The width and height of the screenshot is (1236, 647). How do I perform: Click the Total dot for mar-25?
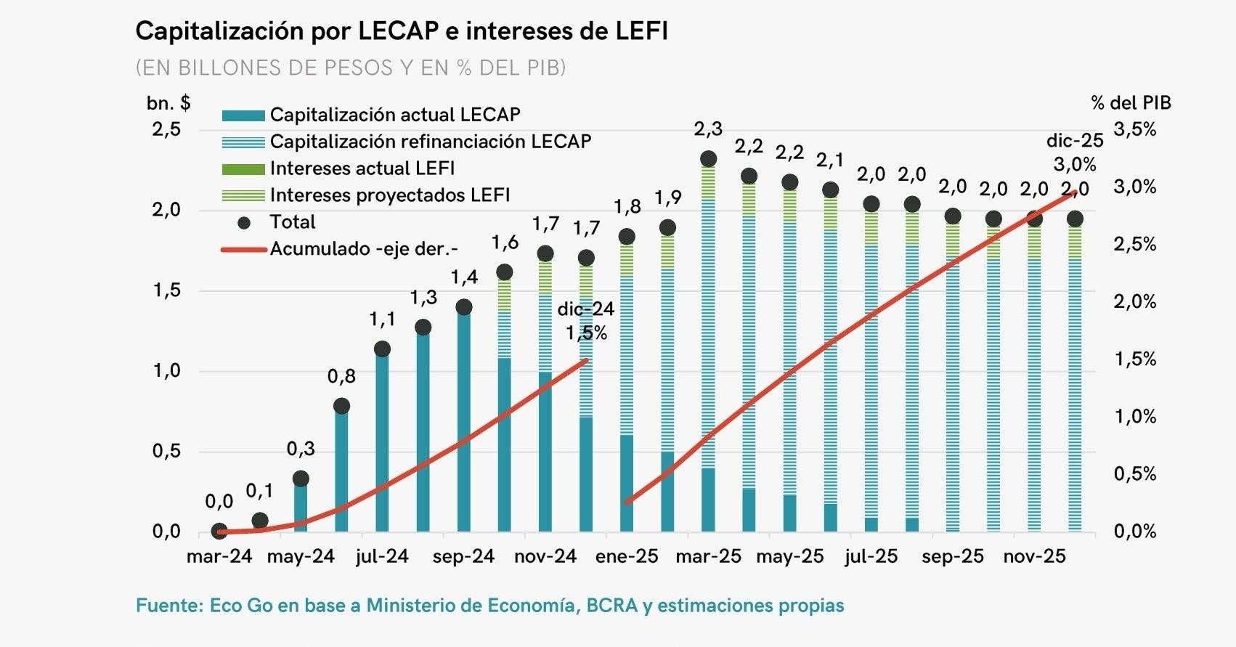click(x=708, y=159)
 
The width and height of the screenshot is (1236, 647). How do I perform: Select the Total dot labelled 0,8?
click(x=341, y=406)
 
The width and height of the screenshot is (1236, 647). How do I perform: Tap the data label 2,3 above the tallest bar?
click(x=708, y=129)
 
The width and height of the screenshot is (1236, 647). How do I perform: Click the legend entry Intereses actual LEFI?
click(x=362, y=168)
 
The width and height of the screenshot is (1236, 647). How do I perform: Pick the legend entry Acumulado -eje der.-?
click(x=363, y=249)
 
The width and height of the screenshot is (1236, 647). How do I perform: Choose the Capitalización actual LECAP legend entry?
click(x=394, y=115)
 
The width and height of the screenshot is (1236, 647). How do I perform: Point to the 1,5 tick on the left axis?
click(x=166, y=290)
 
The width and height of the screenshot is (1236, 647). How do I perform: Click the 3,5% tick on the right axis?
click(x=1135, y=130)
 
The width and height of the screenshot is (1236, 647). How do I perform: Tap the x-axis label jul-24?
click(x=382, y=557)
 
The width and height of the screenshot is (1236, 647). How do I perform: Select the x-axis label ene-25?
click(x=627, y=557)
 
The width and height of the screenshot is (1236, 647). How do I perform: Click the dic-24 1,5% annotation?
click(x=586, y=320)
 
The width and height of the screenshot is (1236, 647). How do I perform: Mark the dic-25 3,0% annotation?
click(x=1074, y=152)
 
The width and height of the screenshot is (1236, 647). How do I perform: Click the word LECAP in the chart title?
click(x=398, y=31)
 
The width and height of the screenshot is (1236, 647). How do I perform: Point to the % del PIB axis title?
click(x=1131, y=103)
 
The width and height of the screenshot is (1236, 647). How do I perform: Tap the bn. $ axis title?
click(x=168, y=103)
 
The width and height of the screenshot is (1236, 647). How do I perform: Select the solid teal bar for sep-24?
click(x=463, y=421)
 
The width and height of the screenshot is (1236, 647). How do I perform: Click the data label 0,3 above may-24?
click(x=301, y=449)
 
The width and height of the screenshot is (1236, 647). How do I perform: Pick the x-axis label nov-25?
click(x=1034, y=557)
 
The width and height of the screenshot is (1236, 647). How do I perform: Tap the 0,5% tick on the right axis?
click(x=1135, y=474)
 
